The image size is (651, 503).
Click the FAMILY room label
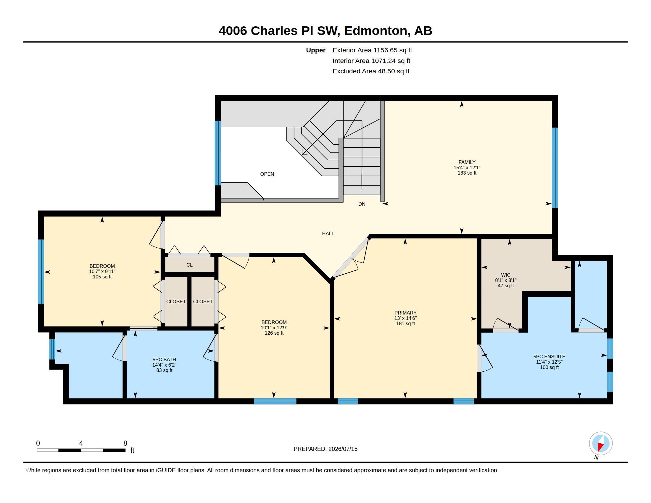pyautogui.click(x=467, y=162)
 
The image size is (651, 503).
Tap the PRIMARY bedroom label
pyautogui.click(x=405, y=312)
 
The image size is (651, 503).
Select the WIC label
pyautogui.click(x=505, y=275)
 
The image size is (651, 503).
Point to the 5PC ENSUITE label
pyautogui.click(x=549, y=357)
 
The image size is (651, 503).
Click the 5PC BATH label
pyautogui.click(x=164, y=359)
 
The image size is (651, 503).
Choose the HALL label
pyautogui.click(x=328, y=233)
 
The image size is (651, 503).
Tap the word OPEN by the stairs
pyautogui.click(x=267, y=174)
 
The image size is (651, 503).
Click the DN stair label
pyautogui.click(x=362, y=204)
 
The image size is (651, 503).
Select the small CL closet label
pyautogui.click(x=189, y=265)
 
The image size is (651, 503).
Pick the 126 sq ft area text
pyautogui.click(x=274, y=333)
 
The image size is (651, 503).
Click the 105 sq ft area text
pyautogui.click(x=102, y=277)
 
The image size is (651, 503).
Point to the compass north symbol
pyautogui.click(x=601, y=444)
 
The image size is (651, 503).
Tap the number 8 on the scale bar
pyautogui.click(x=125, y=443)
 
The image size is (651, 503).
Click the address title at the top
pyautogui.click(x=325, y=30)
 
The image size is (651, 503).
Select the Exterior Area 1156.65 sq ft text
pyautogui.click(x=372, y=50)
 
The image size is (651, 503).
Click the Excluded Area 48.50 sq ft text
pyautogui.click(x=371, y=71)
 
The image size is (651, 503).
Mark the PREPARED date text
pyautogui.click(x=325, y=449)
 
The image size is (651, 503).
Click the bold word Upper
pyautogui.click(x=316, y=50)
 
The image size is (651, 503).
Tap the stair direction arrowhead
pyautogui.click(x=304, y=152)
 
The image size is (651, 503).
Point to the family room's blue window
pyautogui.click(x=555, y=167)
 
